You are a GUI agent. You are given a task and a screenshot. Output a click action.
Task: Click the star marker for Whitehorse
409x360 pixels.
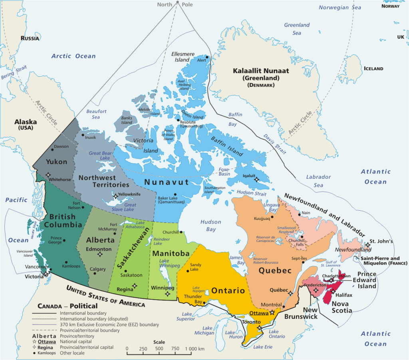(x=48, y=174)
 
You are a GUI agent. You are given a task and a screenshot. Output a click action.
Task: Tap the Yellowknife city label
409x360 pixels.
(x=132, y=196)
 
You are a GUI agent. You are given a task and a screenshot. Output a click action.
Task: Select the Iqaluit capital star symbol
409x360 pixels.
(x=256, y=180)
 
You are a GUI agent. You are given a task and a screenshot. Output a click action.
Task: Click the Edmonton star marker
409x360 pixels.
(x=100, y=254)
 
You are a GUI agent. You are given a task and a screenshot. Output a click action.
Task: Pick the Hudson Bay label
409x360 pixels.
(x=208, y=225)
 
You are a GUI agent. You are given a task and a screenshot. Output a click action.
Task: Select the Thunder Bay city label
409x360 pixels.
(x=193, y=299)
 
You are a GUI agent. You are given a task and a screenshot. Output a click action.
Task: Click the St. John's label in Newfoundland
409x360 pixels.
(x=381, y=241)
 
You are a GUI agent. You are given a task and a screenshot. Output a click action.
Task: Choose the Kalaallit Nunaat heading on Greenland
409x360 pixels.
(x=261, y=71)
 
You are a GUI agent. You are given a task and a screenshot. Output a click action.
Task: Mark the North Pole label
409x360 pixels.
(x=175, y=4)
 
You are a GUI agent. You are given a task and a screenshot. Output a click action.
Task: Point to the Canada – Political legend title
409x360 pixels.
(x=68, y=306)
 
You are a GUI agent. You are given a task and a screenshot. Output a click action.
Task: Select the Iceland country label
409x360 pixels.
(x=373, y=69)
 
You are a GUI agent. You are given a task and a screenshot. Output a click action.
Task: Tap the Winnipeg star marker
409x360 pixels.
(x=168, y=295)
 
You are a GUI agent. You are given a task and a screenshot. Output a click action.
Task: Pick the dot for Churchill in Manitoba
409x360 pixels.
(x=181, y=232)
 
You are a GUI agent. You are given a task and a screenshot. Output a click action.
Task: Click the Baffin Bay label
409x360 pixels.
(x=235, y=119)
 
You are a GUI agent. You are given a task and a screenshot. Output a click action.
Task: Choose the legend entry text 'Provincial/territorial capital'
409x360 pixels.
(x=86, y=347)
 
